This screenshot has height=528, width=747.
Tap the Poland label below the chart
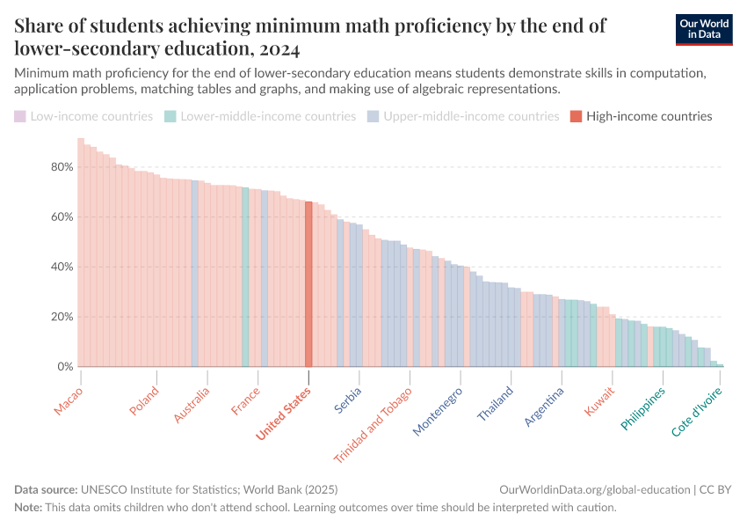(144, 400)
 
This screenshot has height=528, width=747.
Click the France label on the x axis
(246, 400)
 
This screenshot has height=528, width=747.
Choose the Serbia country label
(348, 400)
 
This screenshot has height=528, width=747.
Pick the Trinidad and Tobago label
(373, 425)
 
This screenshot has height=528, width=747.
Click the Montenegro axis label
(438, 411)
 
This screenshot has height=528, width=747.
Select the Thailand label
(496, 404)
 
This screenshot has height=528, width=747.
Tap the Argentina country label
(544, 407)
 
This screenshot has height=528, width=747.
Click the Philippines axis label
(643, 408)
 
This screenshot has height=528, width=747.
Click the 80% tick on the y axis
(62, 167)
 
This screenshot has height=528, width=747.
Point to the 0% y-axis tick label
(65, 367)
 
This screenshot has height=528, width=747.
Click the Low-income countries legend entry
(83, 116)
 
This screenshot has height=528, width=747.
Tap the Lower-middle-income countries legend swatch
(170, 116)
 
